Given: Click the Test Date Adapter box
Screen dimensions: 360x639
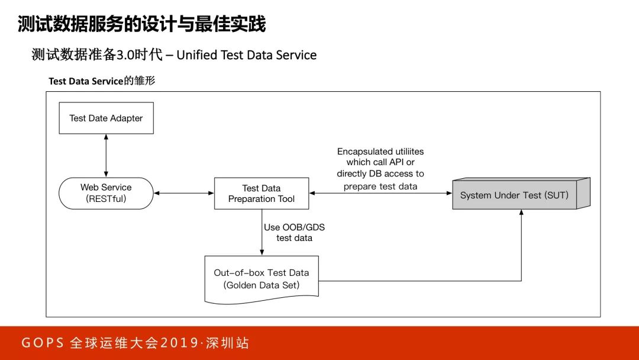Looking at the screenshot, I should tap(106, 118).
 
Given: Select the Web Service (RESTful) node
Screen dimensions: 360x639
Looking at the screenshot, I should tap(106, 193).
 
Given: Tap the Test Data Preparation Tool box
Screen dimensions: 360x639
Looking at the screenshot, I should tap(262, 193).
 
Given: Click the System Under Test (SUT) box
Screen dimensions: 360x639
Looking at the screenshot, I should tap(514, 195).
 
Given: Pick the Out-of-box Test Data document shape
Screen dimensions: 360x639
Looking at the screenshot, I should tap(262, 278).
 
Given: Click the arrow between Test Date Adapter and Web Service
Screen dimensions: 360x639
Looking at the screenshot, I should tap(106, 155).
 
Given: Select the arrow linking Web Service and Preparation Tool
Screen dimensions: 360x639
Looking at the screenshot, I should tap(183, 193).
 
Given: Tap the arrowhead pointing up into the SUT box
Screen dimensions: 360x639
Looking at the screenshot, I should tap(521, 214).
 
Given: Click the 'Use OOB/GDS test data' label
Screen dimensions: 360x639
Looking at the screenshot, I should tap(294, 232).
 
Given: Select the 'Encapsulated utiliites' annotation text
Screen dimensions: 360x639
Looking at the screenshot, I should tap(380, 152).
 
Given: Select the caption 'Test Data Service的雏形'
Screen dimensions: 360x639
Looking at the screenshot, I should tap(102, 81).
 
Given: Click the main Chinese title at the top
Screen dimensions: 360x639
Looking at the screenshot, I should tap(141, 24).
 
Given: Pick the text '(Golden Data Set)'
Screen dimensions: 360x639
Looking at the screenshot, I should tap(262, 285).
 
